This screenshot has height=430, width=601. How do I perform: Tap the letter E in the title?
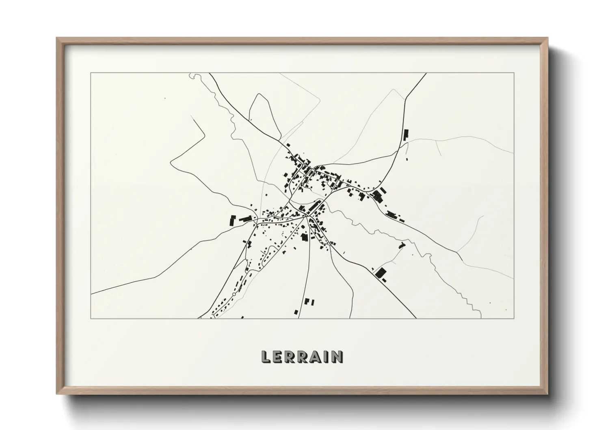(277, 356)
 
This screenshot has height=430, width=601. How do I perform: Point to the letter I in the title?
(324, 356)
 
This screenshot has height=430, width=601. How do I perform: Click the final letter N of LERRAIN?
(336, 356)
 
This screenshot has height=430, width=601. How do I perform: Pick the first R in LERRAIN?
(289, 356)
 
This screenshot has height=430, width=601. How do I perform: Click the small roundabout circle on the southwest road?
(234, 294)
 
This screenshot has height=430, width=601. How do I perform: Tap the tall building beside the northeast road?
(405, 135)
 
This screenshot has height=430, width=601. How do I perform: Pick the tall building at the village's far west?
(232, 221)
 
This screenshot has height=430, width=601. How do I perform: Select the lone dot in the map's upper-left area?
(165, 98)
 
